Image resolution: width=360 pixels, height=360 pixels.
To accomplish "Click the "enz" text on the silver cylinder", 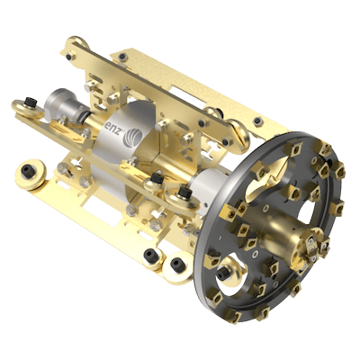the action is [x=113, y=128].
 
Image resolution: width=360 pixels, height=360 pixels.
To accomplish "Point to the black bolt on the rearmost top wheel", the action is [x=31, y=102].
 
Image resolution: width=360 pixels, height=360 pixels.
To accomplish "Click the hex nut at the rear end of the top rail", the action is [x=68, y=56].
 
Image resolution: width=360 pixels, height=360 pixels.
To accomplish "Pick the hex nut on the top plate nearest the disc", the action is [x=256, y=121].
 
